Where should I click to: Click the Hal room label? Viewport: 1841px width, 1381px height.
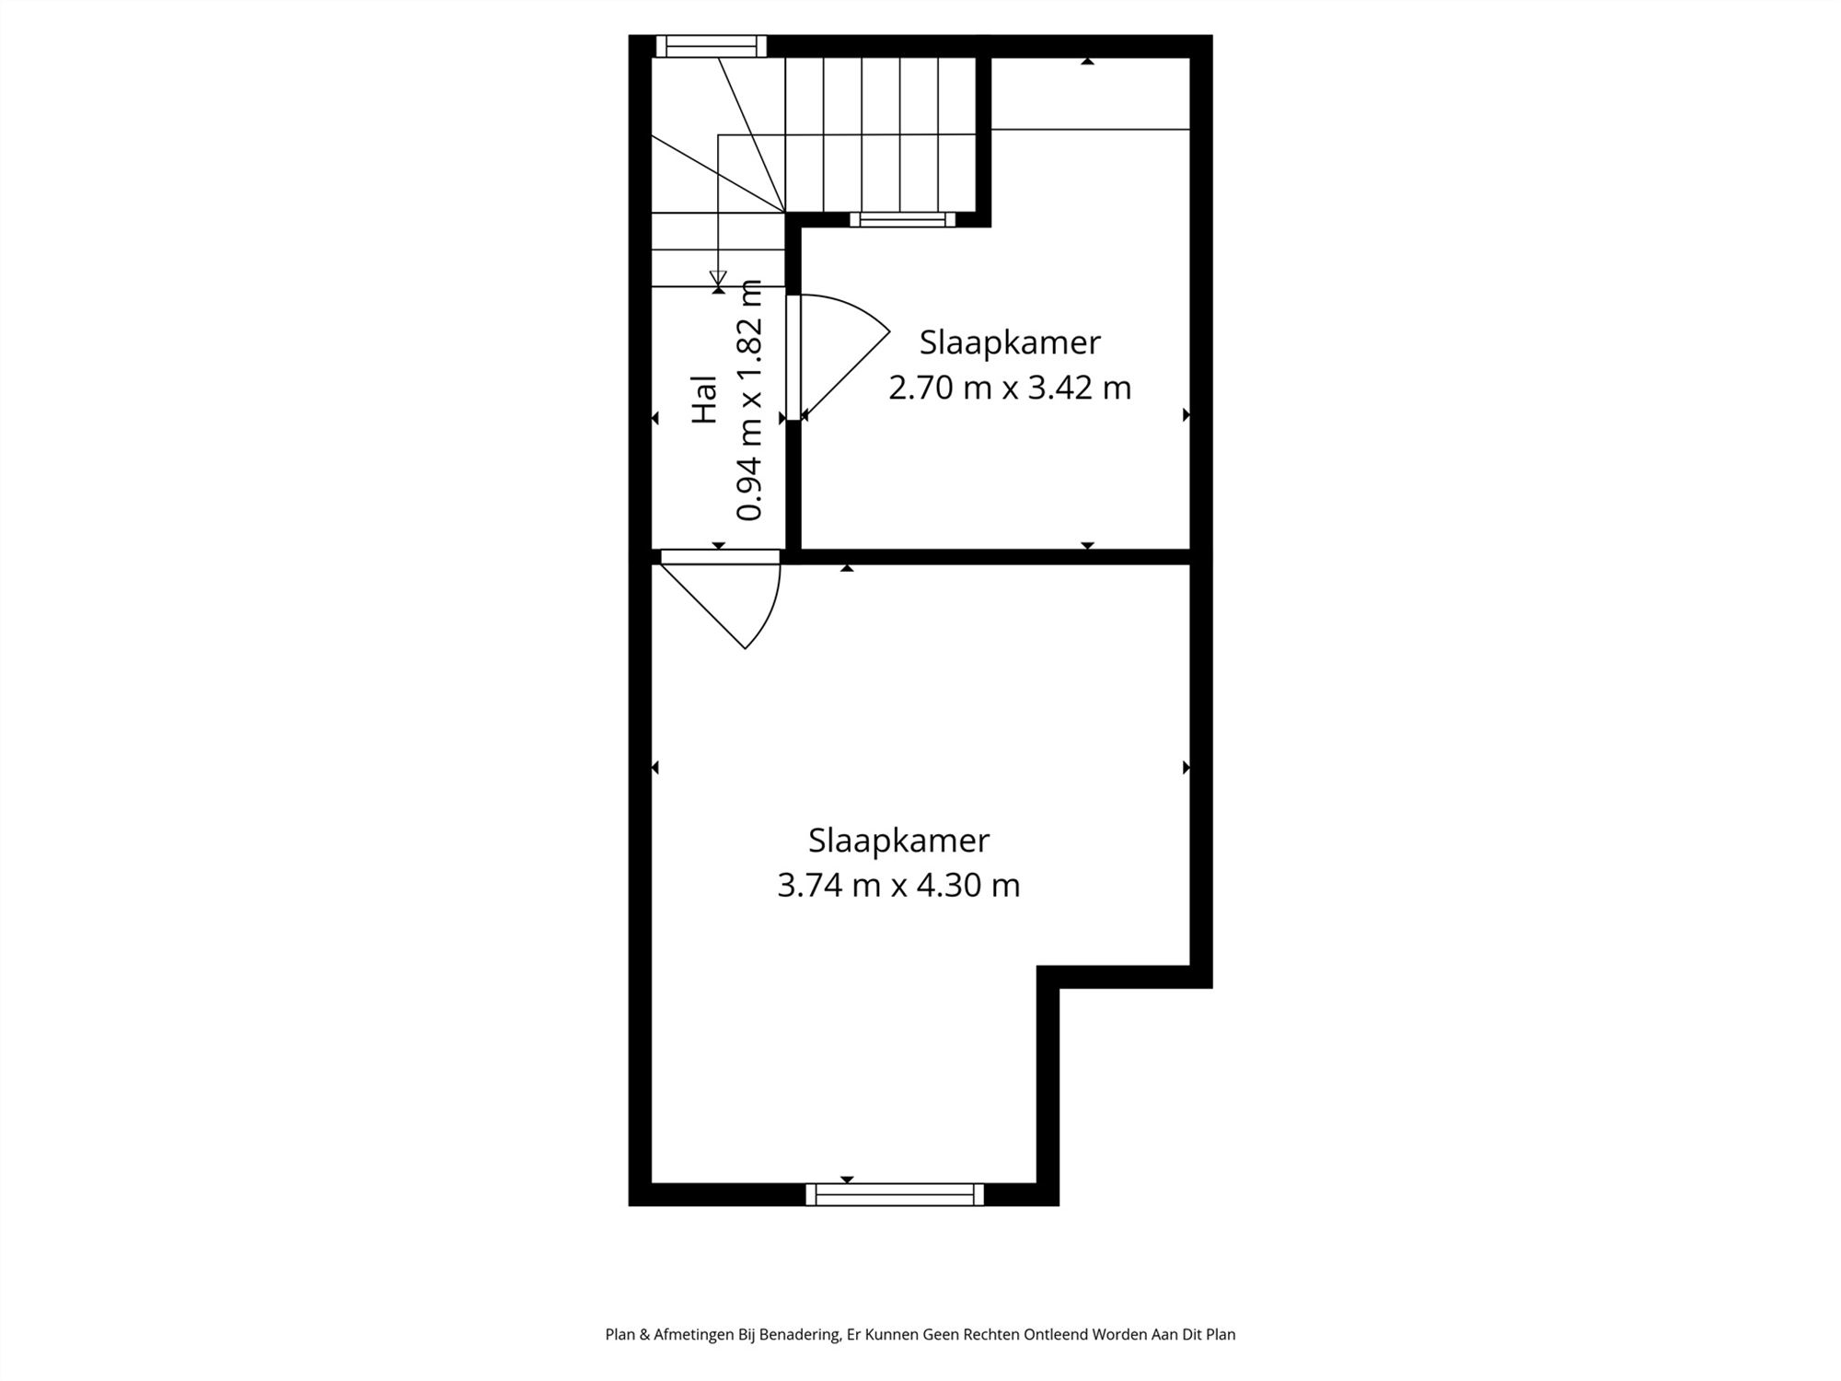(x=704, y=399)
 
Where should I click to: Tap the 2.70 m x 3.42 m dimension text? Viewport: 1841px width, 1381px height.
(x=1009, y=388)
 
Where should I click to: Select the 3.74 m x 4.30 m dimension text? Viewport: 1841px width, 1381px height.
(x=898, y=886)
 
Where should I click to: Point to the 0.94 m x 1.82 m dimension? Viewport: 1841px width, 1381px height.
(x=750, y=400)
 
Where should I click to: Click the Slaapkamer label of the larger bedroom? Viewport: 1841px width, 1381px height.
(x=898, y=841)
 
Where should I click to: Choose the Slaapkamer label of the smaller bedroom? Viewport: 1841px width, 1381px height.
(x=1009, y=342)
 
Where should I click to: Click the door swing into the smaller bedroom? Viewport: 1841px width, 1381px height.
(x=842, y=354)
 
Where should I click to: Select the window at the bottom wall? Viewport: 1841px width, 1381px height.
(x=894, y=1194)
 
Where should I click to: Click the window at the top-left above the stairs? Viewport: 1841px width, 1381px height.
(x=710, y=46)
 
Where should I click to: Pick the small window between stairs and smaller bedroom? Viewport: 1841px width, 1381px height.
(x=902, y=219)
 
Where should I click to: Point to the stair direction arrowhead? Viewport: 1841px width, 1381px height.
(x=718, y=277)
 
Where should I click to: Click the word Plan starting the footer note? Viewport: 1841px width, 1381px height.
(x=620, y=1334)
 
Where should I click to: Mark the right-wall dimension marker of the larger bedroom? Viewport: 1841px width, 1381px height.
(x=1186, y=767)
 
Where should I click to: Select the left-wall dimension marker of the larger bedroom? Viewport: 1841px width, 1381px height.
(x=655, y=767)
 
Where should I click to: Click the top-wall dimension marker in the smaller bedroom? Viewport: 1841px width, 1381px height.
(x=1087, y=62)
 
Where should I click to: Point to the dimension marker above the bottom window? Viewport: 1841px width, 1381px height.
(x=847, y=1179)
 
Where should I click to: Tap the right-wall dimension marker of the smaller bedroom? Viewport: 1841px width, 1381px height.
(x=1186, y=415)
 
